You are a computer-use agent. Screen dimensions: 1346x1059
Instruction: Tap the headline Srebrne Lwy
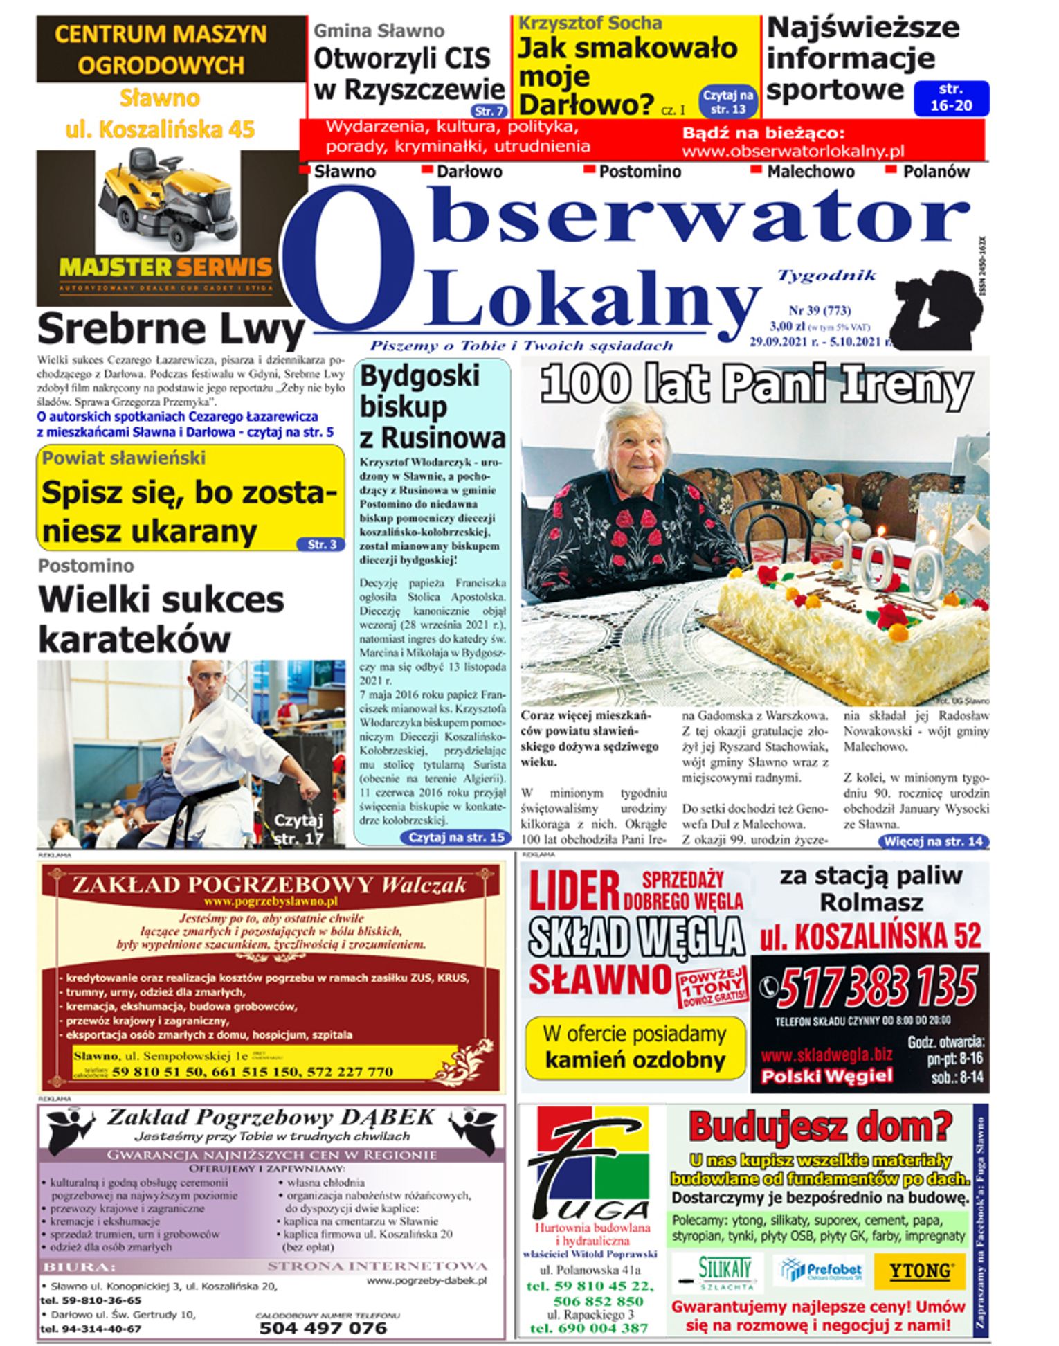[170, 330]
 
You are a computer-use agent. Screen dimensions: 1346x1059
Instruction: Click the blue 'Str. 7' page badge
[489, 111]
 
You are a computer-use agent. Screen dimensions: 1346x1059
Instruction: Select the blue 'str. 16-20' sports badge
[951, 98]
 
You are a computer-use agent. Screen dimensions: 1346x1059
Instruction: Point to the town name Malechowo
[810, 172]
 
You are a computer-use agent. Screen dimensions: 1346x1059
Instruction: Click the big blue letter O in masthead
[349, 260]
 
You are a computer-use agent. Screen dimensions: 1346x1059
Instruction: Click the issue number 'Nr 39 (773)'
[820, 311]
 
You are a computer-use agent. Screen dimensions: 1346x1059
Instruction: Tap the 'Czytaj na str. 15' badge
[456, 837]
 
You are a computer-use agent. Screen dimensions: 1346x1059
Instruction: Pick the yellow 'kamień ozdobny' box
[635, 1047]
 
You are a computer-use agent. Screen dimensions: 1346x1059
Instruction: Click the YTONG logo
[919, 1271]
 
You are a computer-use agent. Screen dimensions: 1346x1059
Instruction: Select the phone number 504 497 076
[323, 1328]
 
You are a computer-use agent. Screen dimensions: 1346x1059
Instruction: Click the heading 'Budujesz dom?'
[820, 1127]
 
